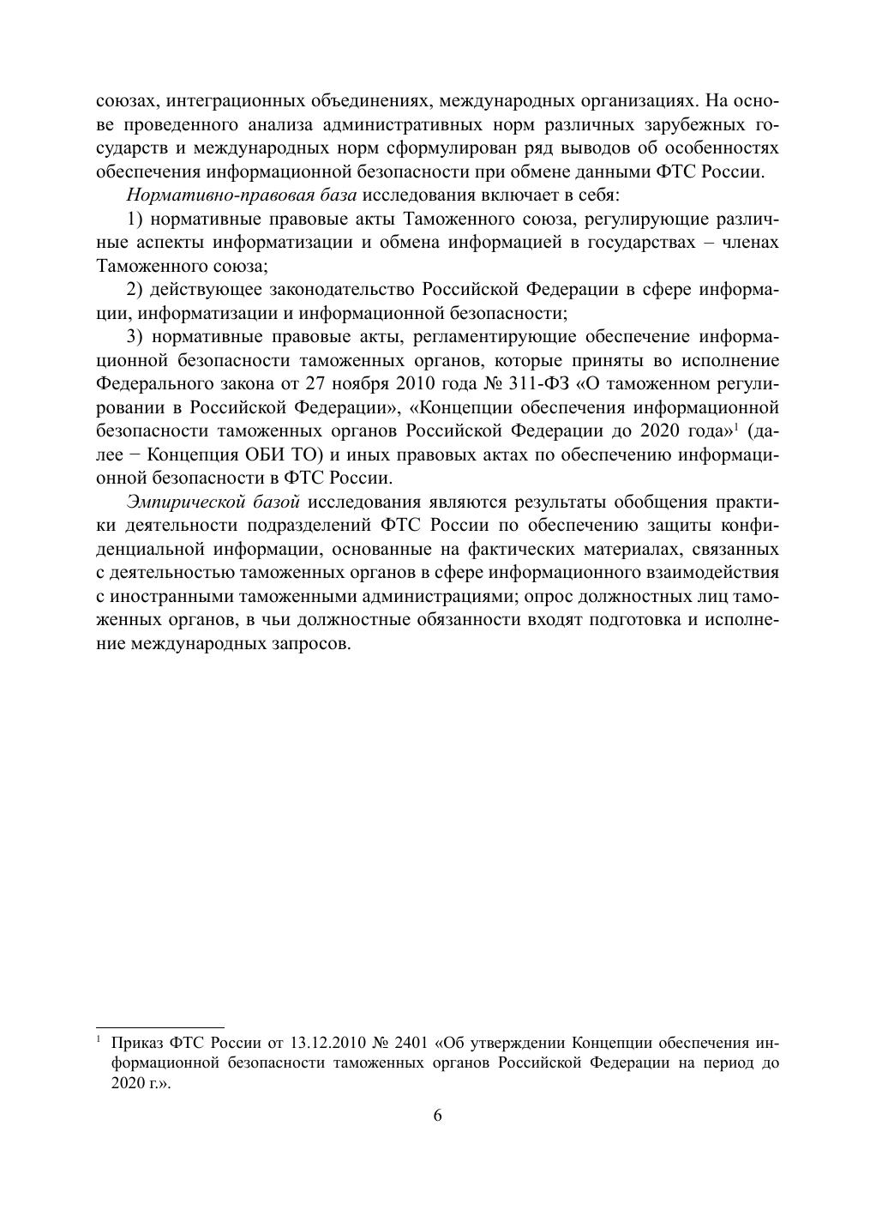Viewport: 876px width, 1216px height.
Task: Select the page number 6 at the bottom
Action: point(437,1115)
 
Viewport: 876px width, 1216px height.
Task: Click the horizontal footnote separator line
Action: point(159,1026)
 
